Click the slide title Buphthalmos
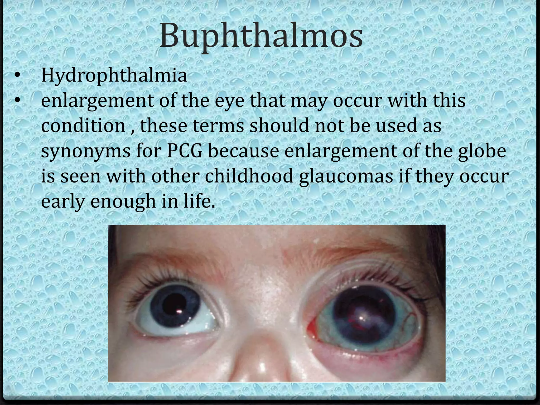pos(261,36)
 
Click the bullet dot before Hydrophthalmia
pos(17,76)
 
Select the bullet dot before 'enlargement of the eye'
pos(17,100)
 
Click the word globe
pos(482,151)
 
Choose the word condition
pos(83,126)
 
